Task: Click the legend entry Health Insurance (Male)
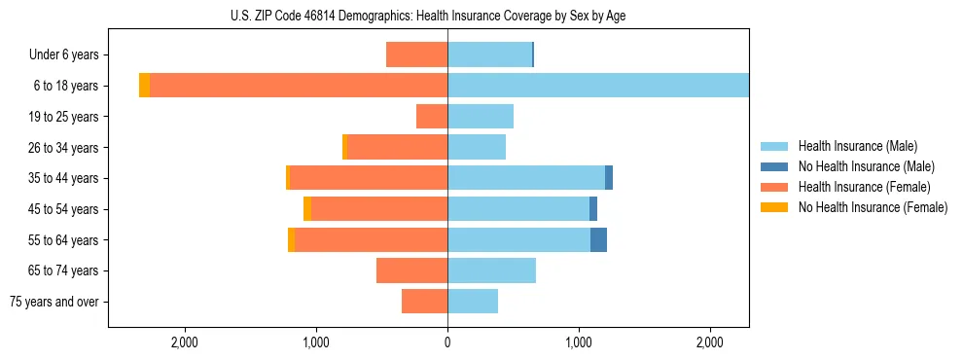pyautogui.click(x=857, y=146)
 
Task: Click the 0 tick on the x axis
pyautogui.click(x=447, y=342)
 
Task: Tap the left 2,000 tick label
pyautogui.click(x=184, y=342)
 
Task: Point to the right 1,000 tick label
pyautogui.click(x=579, y=342)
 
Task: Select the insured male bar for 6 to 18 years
pyautogui.click(x=598, y=86)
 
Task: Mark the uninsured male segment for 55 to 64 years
pyautogui.click(x=598, y=239)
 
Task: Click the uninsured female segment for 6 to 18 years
pyautogui.click(x=144, y=86)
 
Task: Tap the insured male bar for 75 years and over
pyautogui.click(x=473, y=302)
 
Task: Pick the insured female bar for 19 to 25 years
pyautogui.click(x=432, y=117)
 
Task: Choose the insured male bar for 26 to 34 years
pyautogui.click(x=477, y=147)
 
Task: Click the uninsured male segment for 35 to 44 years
pyautogui.click(x=609, y=178)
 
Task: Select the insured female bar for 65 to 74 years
pyautogui.click(x=411, y=270)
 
